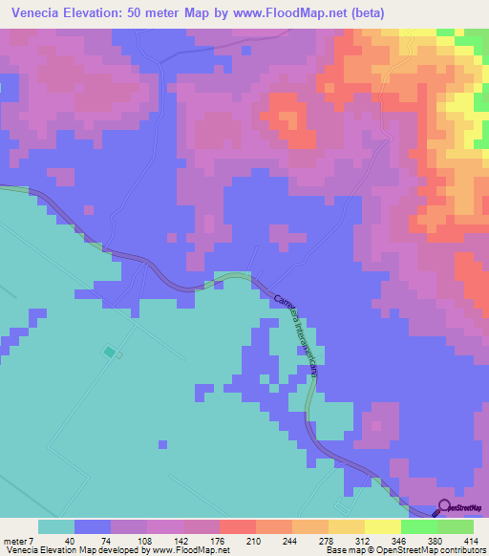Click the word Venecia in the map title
coord(39,12)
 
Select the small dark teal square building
coord(109,353)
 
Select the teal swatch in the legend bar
coord(55,526)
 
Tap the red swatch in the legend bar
coord(237,526)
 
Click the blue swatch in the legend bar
coord(92,526)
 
